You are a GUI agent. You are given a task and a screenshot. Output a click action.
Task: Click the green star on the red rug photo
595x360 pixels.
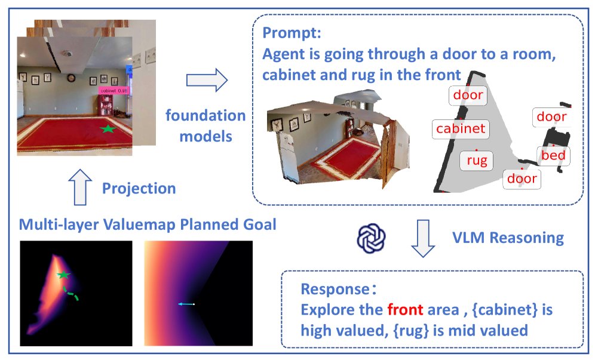point(108,129)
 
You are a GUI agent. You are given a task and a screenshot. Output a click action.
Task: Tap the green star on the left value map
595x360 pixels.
point(63,275)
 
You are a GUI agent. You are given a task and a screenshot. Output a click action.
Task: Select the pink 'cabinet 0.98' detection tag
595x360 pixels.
point(114,91)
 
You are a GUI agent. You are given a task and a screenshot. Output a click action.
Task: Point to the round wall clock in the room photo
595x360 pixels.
point(71,78)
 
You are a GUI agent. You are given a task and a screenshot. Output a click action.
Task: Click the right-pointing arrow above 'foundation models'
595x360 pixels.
point(207,80)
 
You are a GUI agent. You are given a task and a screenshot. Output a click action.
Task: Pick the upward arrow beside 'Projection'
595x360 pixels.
point(80,187)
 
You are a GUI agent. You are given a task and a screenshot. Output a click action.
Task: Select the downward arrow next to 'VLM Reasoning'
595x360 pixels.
point(423,238)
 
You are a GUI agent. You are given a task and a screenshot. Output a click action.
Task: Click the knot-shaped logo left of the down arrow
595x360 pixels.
point(371,238)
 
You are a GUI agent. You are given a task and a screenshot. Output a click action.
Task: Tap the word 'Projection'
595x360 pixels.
point(139,188)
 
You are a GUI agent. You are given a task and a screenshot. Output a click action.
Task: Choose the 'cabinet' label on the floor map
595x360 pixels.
point(461,128)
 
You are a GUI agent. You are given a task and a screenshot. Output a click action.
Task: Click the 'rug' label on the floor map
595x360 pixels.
point(477,161)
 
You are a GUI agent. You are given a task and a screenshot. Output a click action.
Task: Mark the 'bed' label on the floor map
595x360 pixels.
point(553,155)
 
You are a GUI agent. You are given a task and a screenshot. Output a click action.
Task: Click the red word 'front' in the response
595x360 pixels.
point(405,310)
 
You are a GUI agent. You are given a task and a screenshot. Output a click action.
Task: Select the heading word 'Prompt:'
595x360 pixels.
point(292,33)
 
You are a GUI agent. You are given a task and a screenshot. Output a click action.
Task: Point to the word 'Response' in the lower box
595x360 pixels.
point(335,289)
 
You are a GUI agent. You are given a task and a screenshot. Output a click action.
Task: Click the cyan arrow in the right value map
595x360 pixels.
point(186,304)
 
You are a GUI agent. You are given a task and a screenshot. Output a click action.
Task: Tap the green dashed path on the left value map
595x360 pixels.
point(71,293)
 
